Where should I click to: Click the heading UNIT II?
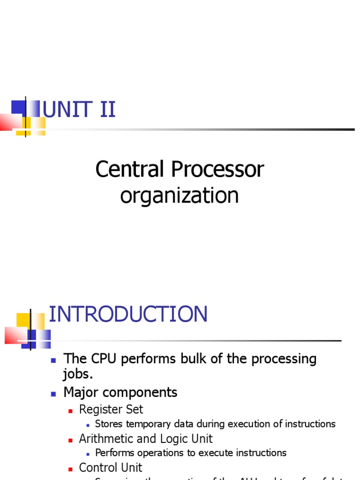(x=79, y=110)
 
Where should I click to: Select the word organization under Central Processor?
(x=180, y=195)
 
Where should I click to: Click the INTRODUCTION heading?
(x=128, y=314)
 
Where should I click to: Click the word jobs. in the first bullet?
(x=78, y=375)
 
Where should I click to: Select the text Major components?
(x=120, y=392)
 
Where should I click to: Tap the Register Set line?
(x=111, y=409)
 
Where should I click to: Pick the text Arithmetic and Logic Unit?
(x=146, y=439)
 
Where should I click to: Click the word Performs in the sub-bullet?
(x=115, y=453)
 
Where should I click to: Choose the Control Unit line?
(x=111, y=467)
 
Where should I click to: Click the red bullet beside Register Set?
(x=71, y=411)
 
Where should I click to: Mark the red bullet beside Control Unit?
(x=71, y=469)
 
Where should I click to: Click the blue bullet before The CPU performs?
(x=53, y=360)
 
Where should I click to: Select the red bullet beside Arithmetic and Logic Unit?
(x=71, y=440)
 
